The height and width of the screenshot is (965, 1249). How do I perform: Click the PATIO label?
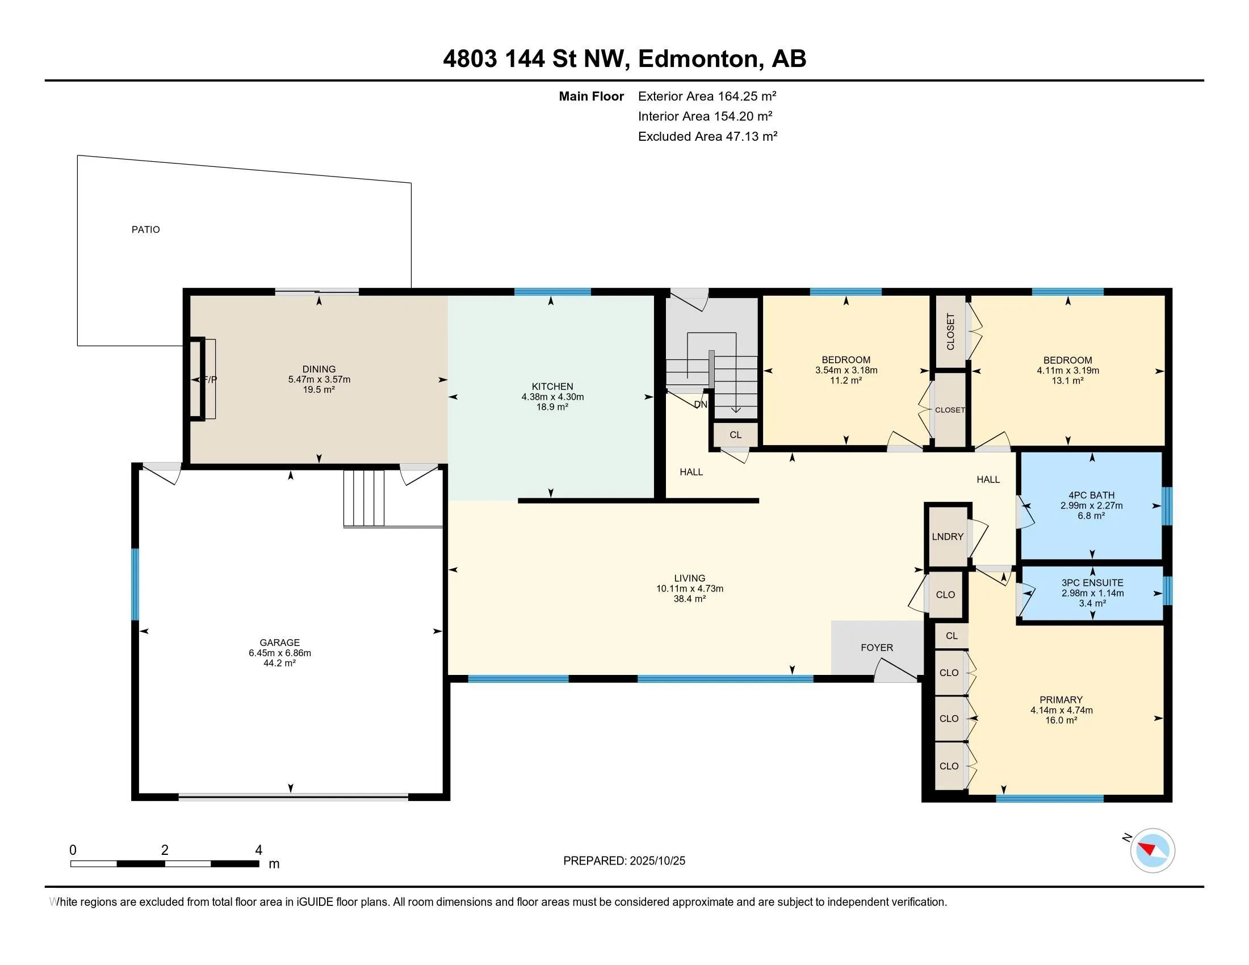coord(146,230)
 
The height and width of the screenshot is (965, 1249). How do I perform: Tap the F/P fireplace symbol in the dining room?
coord(210,380)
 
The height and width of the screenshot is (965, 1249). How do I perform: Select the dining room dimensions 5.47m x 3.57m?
coord(319,380)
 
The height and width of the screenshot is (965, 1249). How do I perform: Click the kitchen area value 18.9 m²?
coord(552,407)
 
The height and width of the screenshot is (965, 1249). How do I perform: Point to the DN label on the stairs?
coord(701,405)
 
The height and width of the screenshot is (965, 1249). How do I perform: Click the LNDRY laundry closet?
coord(948,537)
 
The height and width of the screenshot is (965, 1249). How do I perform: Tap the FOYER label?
coord(877,648)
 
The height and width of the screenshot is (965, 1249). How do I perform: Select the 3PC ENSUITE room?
coord(1092,593)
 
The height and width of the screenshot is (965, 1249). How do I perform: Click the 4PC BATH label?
coord(1091,496)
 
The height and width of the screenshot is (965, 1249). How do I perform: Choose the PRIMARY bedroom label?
coord(1061,700)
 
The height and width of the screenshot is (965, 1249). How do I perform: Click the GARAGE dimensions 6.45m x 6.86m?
coord(280,653)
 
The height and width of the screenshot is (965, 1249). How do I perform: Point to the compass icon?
coord(1152,851)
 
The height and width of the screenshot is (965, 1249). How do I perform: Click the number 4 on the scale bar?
coord(258,850)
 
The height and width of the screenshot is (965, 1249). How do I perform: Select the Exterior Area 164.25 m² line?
coord(707,96)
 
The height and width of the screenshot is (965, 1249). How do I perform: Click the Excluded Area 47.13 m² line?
coord(707,136)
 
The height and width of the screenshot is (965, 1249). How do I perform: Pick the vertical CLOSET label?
coord(950,332)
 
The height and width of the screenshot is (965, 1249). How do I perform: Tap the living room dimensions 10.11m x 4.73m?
coord(690,589)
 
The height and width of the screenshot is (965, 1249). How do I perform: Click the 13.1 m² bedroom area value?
coord(1067,381)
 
